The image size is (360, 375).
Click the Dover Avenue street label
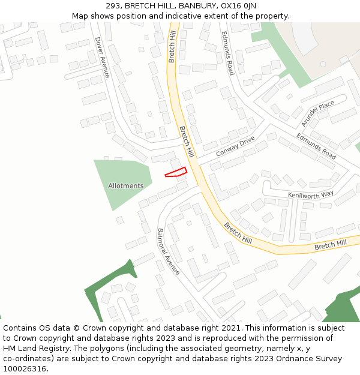point(102,57)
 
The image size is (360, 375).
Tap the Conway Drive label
point(235,146)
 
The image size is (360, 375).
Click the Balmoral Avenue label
point(168,251)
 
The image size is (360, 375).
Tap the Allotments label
point(126,186)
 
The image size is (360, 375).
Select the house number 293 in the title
point(113,6)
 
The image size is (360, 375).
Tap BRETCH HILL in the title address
point(152,6)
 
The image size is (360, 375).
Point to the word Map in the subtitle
point(80,16)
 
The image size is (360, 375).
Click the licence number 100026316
point(25,369)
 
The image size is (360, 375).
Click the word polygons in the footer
point(105,349)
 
